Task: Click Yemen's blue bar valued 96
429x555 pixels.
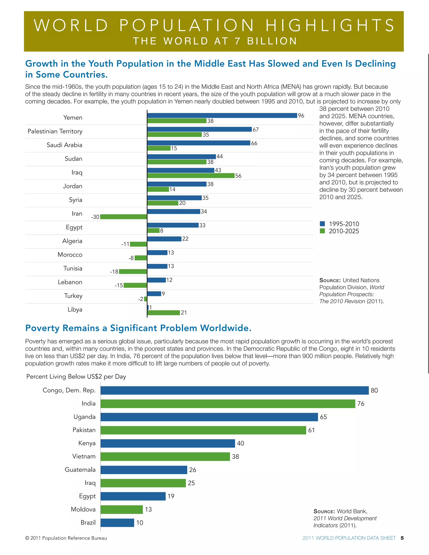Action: click(x=222, y=115)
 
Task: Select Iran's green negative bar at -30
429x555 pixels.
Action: click(x=124, y=217)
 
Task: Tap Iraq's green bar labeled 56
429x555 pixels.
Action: click(x=191, y=176)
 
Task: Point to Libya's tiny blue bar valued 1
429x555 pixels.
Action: click(x=148, y=307)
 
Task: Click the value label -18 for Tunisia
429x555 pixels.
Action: click(x=114, y=272)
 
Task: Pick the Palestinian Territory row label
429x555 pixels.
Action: click(x=55, y=131)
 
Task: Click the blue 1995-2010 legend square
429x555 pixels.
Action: click(x=322, y=224)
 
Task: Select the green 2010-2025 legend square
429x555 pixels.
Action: click(x=322, y=231)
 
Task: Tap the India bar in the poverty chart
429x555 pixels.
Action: click(x=228, y=404)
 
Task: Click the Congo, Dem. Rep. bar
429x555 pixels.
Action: click(x=234, y=390)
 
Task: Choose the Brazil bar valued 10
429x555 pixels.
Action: click(x=117, y=523)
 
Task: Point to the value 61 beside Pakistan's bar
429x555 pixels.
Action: click(x=311, y=430)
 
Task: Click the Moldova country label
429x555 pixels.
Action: click(x=83, y=509)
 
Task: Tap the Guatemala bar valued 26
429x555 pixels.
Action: click(x=144, y=470)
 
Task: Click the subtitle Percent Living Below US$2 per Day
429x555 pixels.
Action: click(x=76, y=377)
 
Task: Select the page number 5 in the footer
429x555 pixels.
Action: click(x=402, y=538)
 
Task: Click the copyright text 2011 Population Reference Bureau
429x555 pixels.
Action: click(x=66, y=538)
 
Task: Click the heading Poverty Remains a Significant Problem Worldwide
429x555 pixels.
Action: click(x=138, y=328)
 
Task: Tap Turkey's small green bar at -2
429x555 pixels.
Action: click(x=146, y=299)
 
